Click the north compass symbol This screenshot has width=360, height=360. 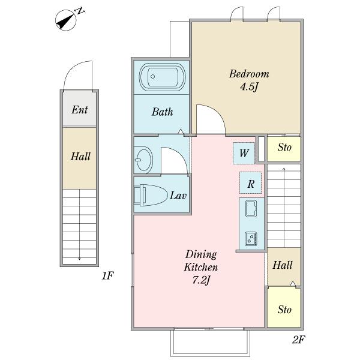pos(66,20)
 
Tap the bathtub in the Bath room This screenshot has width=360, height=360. pos(163,77)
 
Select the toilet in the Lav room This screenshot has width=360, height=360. pos(151,195)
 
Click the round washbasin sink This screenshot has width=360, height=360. pos(143,159)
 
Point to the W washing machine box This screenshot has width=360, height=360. pos(244,153)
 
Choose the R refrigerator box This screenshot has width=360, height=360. pos(250,183)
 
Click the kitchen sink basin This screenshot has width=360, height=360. pos(251,208)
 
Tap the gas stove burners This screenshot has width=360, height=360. pos(251,239)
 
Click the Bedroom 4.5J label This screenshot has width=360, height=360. pos(249,80)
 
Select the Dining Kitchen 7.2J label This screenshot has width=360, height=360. pos(201,267)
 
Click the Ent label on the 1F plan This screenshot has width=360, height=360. pos(79,110)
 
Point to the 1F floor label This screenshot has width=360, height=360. pos(108,275)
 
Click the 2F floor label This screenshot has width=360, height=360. pos(298,340)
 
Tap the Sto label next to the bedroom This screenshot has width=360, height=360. pos(284,147)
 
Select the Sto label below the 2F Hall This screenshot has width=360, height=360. pos(284,310)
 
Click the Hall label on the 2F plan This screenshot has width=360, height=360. pos(283,265)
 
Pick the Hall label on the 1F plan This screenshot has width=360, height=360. pos(80,157)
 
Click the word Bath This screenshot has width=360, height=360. pos(163,112)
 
